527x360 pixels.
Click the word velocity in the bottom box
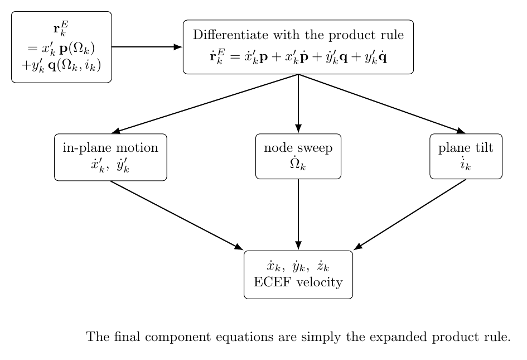[x=320, y=282]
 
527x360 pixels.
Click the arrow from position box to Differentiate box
[x=147, y=47]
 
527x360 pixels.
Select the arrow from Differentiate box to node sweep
[x=298, y=104]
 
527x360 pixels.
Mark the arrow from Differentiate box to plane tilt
[x=382, y=104]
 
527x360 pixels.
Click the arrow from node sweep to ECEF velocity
[x=298, y=214]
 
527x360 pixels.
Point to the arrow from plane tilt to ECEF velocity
[x=410, y=214]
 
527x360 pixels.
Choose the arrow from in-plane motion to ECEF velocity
[x=177, y=215]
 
